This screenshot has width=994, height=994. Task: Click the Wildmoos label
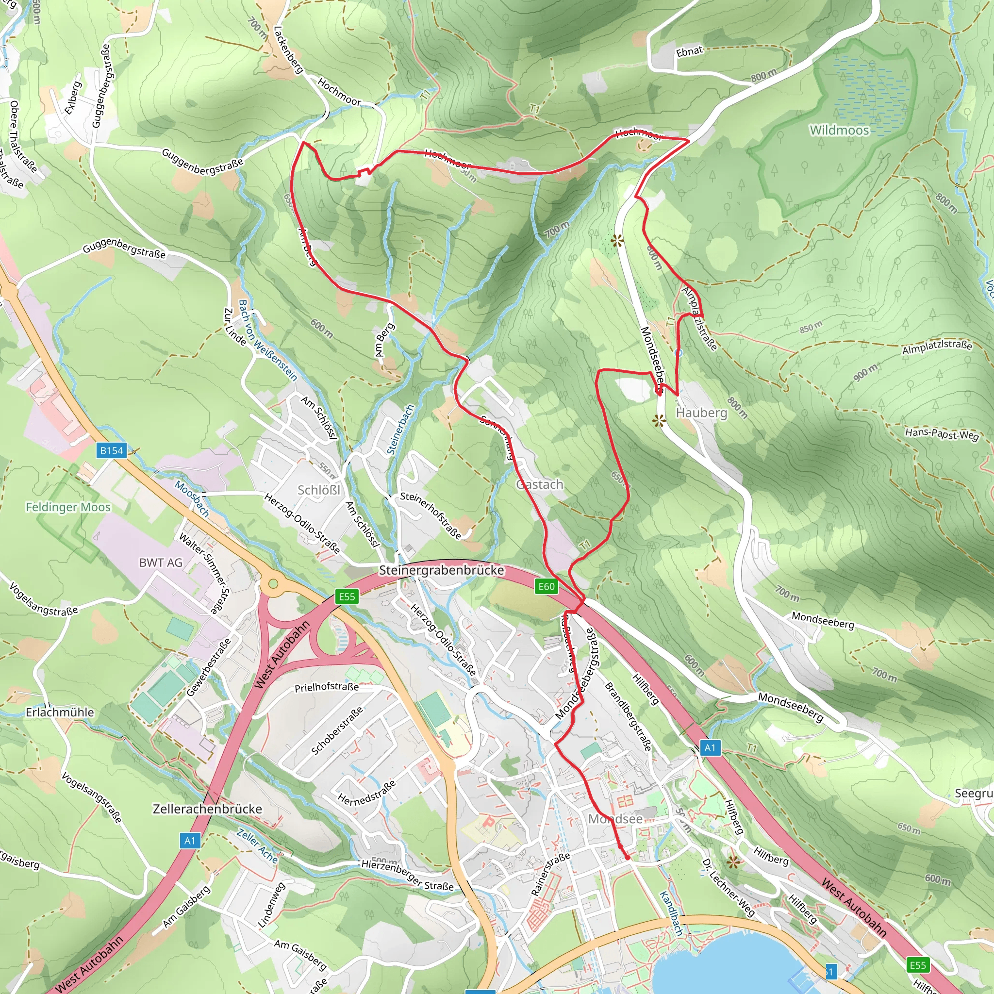(839, 130)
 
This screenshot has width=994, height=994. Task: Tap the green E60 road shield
(547, 586)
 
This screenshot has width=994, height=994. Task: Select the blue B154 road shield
(112, 451)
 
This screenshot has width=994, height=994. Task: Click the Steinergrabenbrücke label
(442, 570)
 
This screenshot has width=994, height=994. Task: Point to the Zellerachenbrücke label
(207, 809)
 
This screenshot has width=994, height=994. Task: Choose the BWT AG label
(161, 563)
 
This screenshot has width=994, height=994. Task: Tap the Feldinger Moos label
(68, 507)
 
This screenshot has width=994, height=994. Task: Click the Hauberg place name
(702, 413)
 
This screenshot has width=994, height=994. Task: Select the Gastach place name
(540, 484)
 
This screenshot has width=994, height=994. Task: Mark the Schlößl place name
(319, 490)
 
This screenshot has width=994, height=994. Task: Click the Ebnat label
(689, 51)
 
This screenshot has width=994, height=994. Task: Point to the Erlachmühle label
(60, 712)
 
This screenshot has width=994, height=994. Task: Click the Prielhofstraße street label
(327, 687)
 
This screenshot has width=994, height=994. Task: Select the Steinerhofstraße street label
(431, 515)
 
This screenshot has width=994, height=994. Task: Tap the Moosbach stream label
(192, 498)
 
